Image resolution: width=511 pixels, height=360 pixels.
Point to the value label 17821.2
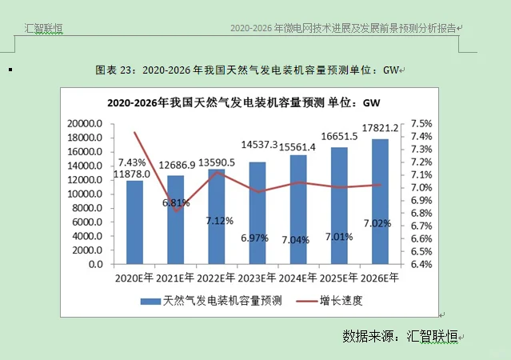point(380,128)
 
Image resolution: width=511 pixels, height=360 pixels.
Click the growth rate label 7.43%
point(131,162)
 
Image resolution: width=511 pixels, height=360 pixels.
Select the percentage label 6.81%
point(175,203)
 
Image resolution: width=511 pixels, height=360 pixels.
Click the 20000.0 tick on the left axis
point(85,124)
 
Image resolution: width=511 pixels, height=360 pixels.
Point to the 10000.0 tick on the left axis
point(85,194)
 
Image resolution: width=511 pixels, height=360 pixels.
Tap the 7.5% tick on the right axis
point(421,124)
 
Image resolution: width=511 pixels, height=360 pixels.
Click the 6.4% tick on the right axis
point(421,264)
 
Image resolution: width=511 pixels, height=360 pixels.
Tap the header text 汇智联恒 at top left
point(43,29)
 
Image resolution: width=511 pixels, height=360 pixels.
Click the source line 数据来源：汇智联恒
point(400,335)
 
